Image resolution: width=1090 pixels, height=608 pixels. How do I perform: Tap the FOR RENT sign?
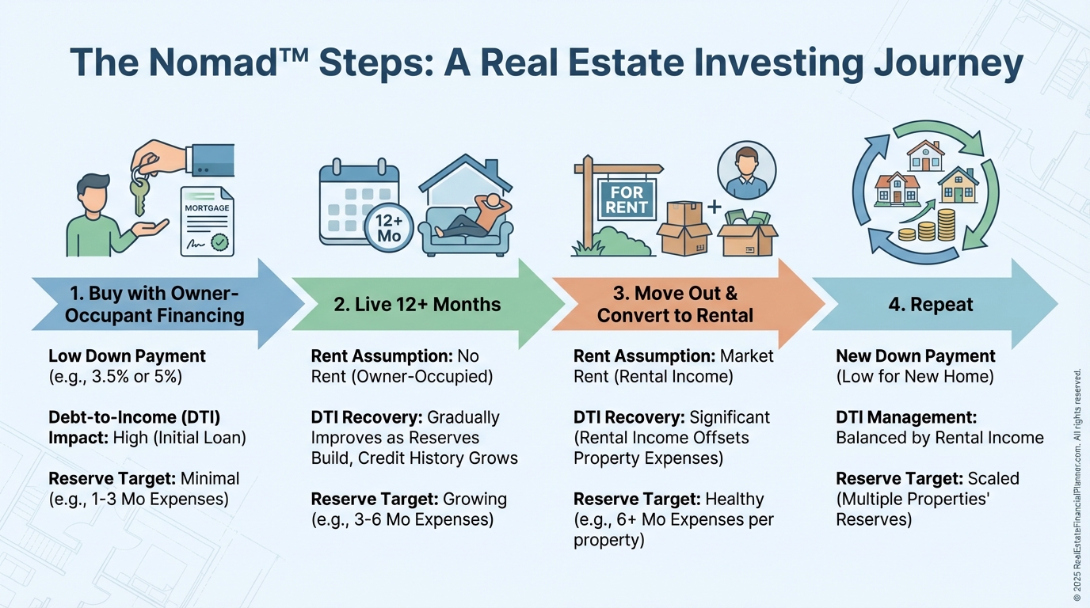(x=626, y=199)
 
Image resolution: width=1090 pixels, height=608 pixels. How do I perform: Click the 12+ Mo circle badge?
(x=389, y=228)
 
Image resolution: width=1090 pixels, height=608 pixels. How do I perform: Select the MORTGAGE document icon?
(x=208, y=222)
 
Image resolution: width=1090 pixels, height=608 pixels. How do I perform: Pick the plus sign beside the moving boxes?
(x=714, y=207)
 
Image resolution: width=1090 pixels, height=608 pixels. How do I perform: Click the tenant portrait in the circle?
(x=746, y=171)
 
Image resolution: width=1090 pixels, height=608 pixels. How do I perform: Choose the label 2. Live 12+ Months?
(x=417, y=305)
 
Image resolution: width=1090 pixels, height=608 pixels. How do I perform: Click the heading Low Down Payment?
(x=127, y=356)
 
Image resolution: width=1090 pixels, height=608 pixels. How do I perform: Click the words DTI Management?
(x=906, y=417)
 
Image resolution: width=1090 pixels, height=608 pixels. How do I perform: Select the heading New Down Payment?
(x=915, y=356)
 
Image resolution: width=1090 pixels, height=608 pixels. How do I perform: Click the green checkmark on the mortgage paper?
(x=219, y=241)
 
